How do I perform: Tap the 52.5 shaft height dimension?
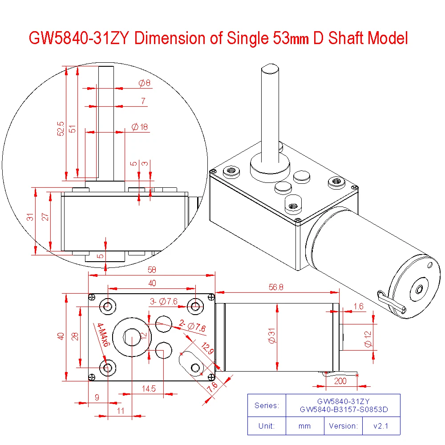[61, 129]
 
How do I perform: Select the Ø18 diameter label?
[140, 127]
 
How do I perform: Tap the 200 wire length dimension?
[340, 381]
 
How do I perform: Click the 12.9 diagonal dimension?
[207, 349]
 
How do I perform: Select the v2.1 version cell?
[381, 426]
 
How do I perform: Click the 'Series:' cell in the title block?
[267, 405]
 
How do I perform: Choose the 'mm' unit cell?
[304, 426]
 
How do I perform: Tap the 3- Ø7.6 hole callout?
[163, 302]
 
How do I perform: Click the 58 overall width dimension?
[152, 270]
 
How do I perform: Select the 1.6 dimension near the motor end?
[358, 306]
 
